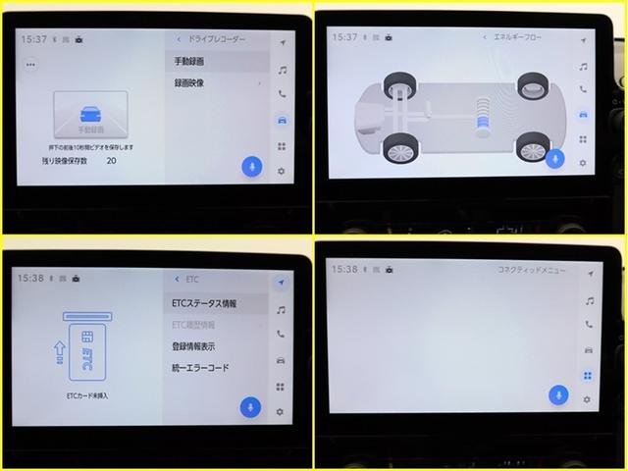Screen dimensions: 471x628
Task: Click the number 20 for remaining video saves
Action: point(111,159)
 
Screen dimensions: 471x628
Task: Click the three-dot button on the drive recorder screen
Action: point(30,64)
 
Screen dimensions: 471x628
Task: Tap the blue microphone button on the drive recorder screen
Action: point(251,166)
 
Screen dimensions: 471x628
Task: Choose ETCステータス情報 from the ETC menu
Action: point(204,303)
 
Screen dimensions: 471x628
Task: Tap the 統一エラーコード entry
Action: point(200,368)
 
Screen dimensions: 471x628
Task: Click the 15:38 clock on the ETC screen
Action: point(32,279)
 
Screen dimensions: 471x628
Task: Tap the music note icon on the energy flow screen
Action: point(584,67)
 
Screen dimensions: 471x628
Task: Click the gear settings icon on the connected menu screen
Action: point(588,402)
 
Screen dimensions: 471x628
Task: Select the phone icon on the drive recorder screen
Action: point(282,94)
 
